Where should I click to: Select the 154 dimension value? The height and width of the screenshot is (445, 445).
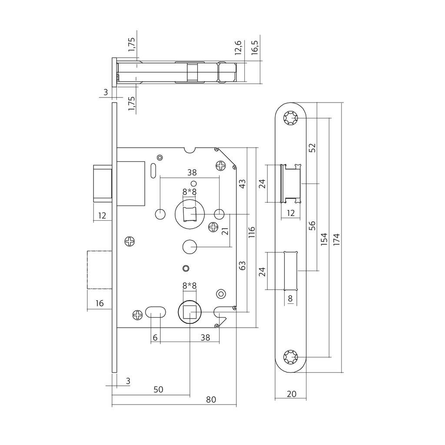[324, 239]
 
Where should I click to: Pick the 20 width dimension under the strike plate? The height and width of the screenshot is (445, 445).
[292, 394]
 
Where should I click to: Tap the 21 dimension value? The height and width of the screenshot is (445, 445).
[225, 230]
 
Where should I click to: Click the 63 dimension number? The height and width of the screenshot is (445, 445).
[242, 265]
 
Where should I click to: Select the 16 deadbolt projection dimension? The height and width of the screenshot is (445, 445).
[100, 303]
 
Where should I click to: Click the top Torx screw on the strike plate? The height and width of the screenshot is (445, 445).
[290, 118]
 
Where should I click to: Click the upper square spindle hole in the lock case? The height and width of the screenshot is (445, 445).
[189, 214]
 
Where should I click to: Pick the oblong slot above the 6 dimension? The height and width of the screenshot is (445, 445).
[155, 312]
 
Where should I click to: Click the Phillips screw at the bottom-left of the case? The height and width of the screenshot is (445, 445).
[137, 315]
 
